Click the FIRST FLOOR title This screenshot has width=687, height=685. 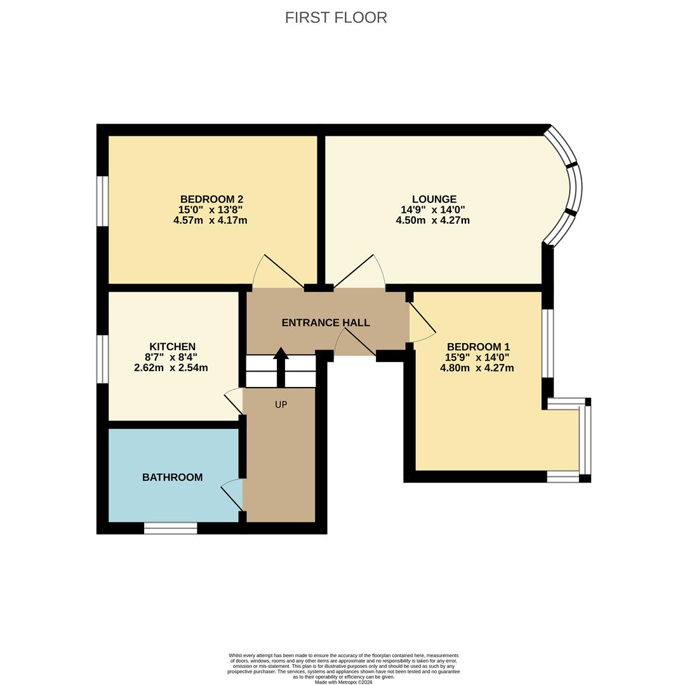[x=336, y=18]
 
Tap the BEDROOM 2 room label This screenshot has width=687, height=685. [x=211, y=199]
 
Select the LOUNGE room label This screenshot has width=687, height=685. [x=434, y=199]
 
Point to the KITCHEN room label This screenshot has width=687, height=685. [x=173, y=347]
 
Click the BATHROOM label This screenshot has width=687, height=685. [x=173, y=477]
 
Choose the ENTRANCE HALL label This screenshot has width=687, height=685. [x=326, y=323]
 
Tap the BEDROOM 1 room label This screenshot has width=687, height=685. [x=479, y=347]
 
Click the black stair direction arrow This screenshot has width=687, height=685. [x=281, y=368]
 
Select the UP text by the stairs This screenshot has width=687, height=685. [x=281, y=405]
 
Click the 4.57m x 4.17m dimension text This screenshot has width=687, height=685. [x=210, y=220]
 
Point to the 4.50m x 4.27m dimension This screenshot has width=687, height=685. [x=433, y=220]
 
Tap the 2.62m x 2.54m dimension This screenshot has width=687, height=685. [x=171, y=368]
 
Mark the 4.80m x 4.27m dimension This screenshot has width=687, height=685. [x=477, y=368]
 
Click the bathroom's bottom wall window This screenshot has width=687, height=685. [x=170, y=528]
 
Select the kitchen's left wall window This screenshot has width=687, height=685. [x=102, y=360]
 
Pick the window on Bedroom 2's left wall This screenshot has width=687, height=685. [x=102, y=201]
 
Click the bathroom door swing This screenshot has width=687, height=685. [x=232, y=495]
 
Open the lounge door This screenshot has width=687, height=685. [x=359, y=271]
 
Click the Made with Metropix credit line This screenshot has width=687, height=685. [x=343, y=682]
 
